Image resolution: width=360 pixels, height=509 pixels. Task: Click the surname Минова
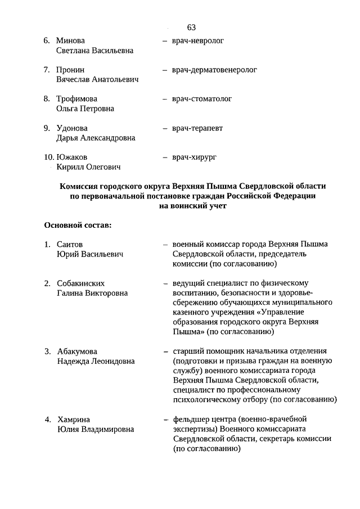click(70, 41)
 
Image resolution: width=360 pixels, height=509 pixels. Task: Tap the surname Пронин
click(70, 70)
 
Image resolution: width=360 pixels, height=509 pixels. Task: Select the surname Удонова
click(72, 128)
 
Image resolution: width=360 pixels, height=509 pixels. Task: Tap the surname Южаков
click(72, 157)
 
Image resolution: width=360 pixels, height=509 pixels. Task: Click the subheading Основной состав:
click(78, 226)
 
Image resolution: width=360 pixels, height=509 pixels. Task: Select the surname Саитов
click(70, 245)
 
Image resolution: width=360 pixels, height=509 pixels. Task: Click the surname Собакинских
click(81, 283)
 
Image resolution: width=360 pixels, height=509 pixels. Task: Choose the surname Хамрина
click(73, 420)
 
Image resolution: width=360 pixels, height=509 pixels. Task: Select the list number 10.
click(49, 157)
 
